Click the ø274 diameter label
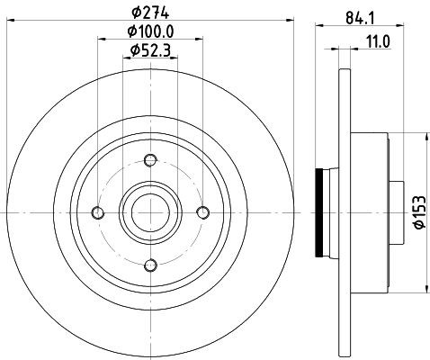(150, 12)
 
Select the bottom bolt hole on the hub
(150, 265)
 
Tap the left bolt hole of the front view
(98, 212)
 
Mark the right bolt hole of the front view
(202, 212)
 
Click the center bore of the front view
(150, 212)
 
